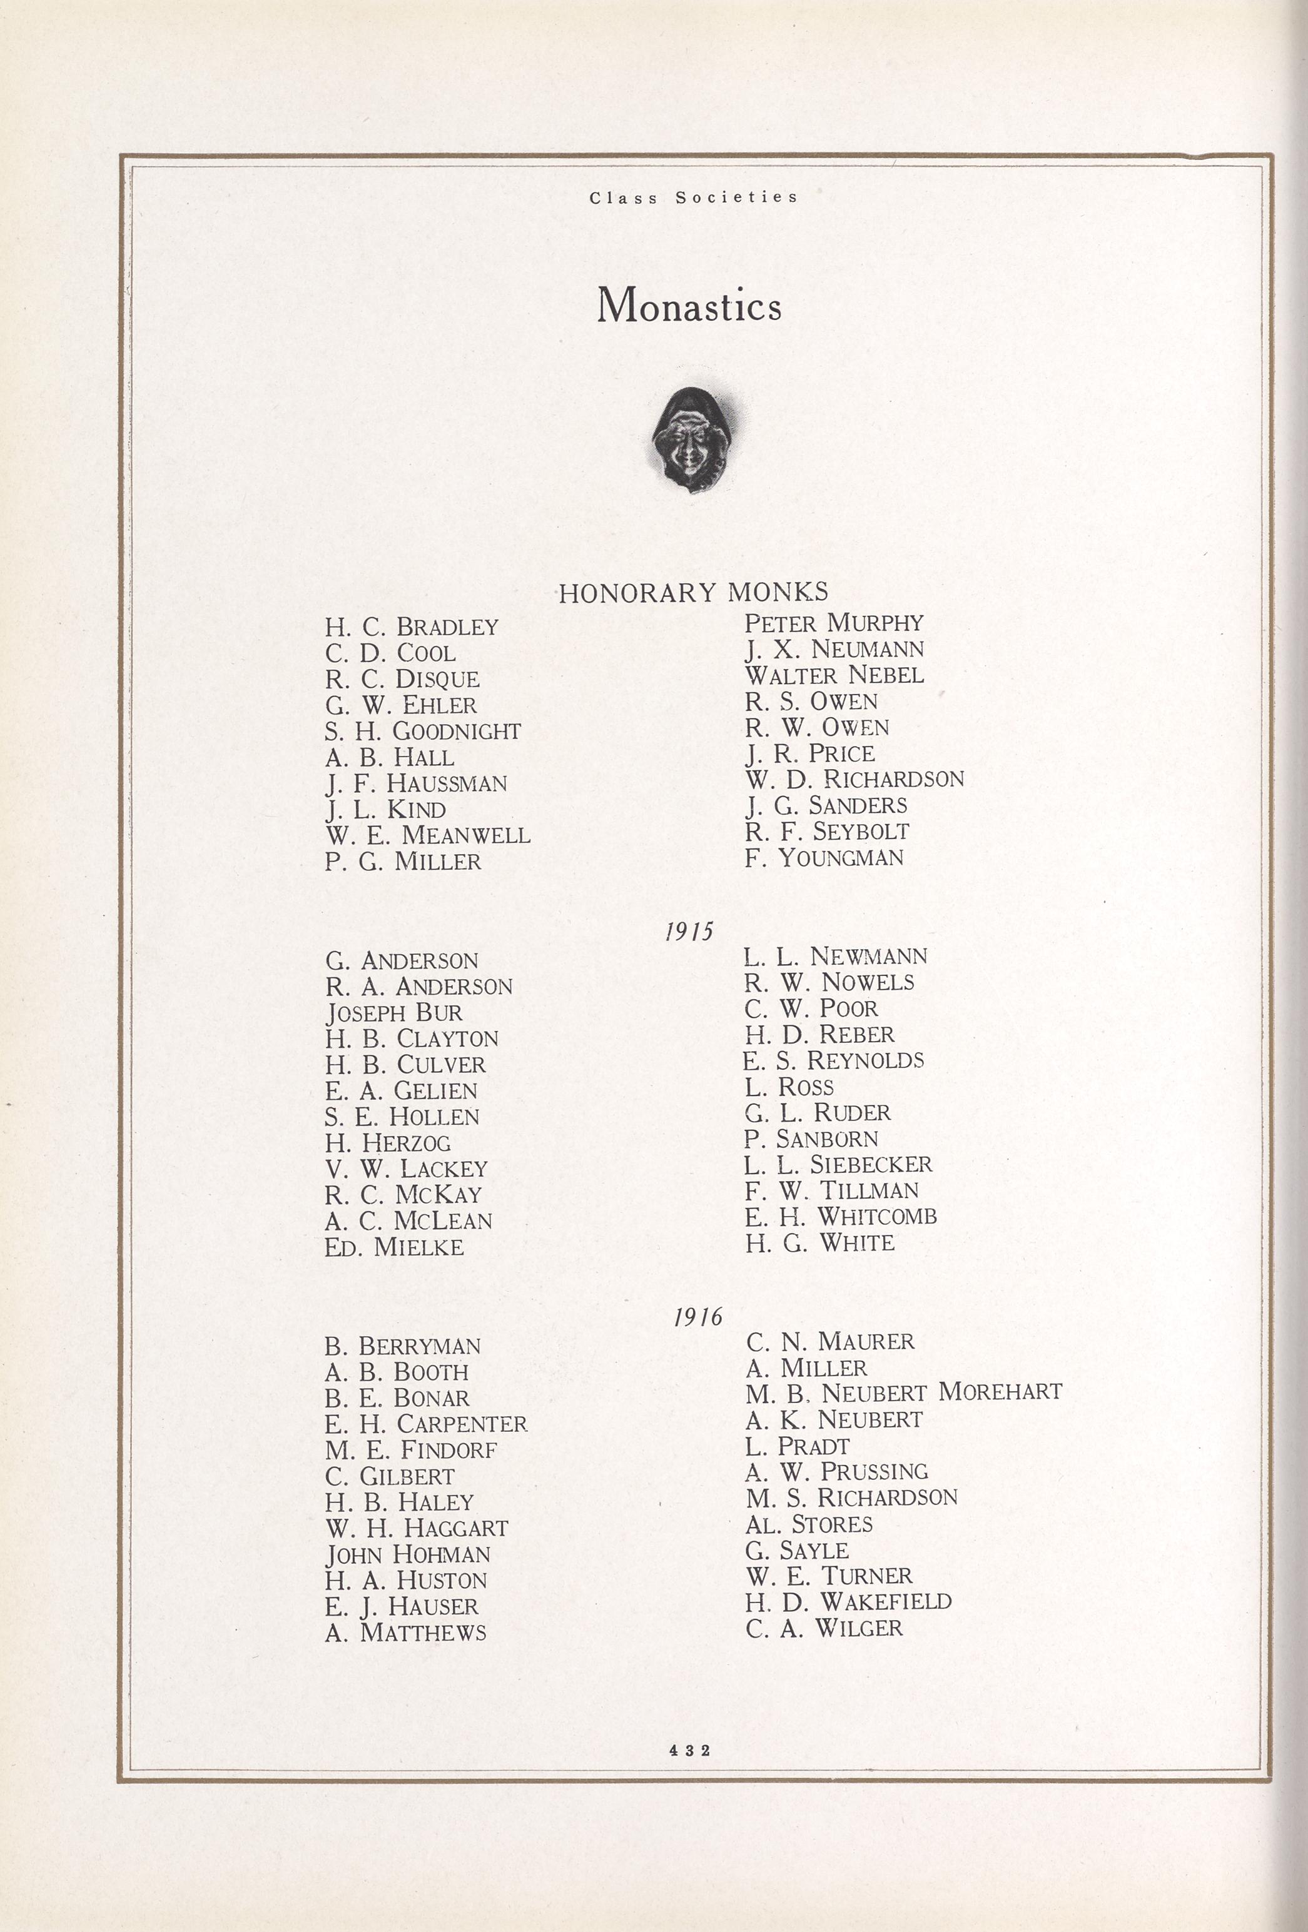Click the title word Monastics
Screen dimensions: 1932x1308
689,306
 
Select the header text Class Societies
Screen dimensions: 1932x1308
694,198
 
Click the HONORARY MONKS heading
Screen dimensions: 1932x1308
692,593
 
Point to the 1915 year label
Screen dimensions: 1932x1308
689,931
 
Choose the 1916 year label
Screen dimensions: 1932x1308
697,1317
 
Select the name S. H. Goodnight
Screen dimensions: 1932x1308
422,732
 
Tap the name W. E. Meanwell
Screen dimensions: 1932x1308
427,835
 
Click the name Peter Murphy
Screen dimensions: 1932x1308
833,623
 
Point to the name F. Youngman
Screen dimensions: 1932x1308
823,857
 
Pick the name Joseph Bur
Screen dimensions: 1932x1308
393,1012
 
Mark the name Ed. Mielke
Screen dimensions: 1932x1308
394,1247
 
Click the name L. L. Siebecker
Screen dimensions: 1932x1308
838,1164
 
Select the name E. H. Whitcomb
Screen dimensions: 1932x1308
841,1216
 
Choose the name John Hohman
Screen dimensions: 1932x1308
407,1554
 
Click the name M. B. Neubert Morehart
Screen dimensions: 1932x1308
904,1392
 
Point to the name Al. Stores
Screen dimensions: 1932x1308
809,1524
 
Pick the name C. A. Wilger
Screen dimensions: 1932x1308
823,1628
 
